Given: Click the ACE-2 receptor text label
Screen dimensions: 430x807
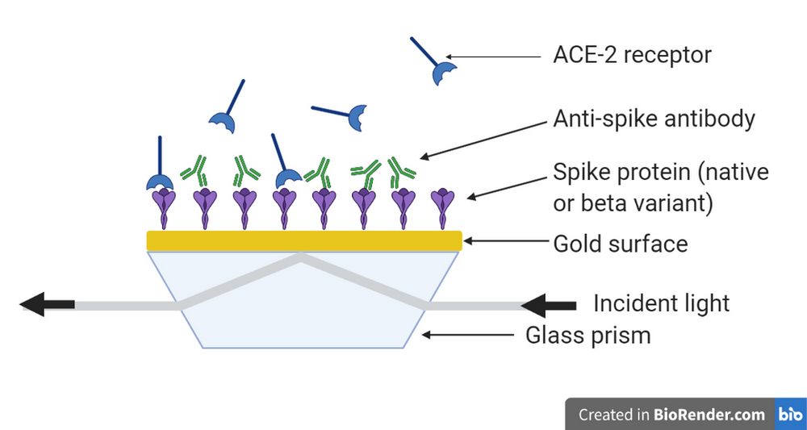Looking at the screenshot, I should tap(632, 56).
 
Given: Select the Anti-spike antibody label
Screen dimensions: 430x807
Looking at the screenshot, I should tap(654, 119).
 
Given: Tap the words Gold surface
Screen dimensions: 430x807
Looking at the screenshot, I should tap(620, 243).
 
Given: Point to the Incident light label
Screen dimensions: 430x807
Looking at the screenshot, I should tap(661, 303).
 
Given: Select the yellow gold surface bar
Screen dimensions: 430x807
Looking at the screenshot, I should tap(303, 240).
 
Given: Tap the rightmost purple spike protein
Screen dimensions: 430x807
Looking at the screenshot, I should tap(442, 207).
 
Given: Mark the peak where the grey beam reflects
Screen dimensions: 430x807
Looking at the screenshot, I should tap(303, 257).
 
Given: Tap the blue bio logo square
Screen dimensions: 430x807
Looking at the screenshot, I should tap(789, 415).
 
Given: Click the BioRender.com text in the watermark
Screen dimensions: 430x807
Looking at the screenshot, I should tap(710, 415).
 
